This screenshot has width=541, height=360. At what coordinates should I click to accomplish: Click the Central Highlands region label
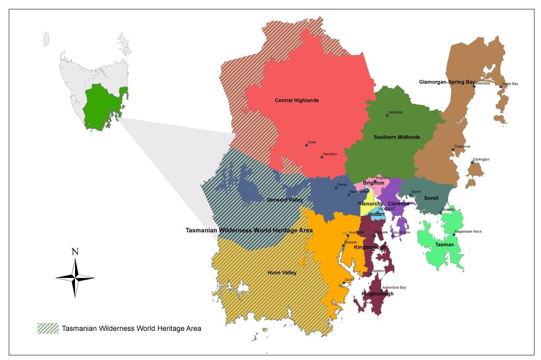[296, 100]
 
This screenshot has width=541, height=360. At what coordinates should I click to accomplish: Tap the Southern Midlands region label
[396, 137]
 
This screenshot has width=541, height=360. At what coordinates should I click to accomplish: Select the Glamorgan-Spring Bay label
[446, 82]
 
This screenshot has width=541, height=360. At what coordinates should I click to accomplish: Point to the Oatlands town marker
[387, 115]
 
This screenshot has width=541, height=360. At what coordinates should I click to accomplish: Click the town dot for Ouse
[306, 145]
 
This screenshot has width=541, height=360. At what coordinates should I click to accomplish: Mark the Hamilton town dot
[322, 157]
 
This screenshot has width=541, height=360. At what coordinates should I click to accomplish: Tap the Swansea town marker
[474, 86]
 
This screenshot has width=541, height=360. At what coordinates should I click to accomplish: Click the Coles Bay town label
[510, 84]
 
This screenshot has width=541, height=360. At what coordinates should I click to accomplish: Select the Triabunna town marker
[453, 150]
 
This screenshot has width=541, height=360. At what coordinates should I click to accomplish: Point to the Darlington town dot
[472, 162]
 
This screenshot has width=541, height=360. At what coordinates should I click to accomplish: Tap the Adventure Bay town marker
[381, 290]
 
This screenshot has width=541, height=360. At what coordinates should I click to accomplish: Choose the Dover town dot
[343, 283]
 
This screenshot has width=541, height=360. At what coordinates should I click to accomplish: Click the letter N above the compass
[75, 252]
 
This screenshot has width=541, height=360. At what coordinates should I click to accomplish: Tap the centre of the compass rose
[75, 278]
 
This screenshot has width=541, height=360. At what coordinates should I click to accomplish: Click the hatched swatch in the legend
[48, 328]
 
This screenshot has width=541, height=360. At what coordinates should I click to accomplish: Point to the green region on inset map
[103, 106]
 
